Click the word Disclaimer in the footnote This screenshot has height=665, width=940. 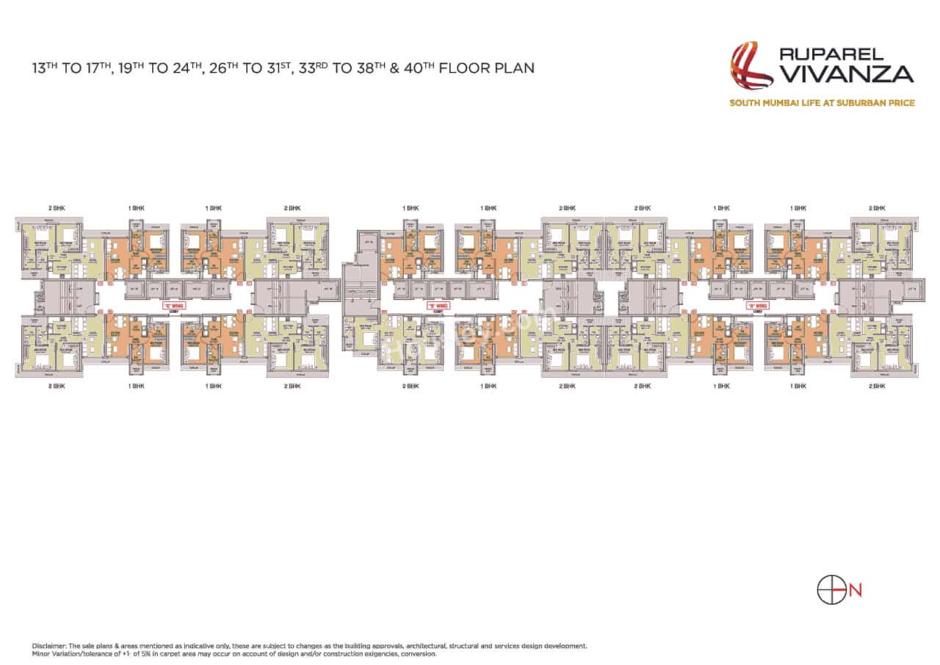48,646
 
